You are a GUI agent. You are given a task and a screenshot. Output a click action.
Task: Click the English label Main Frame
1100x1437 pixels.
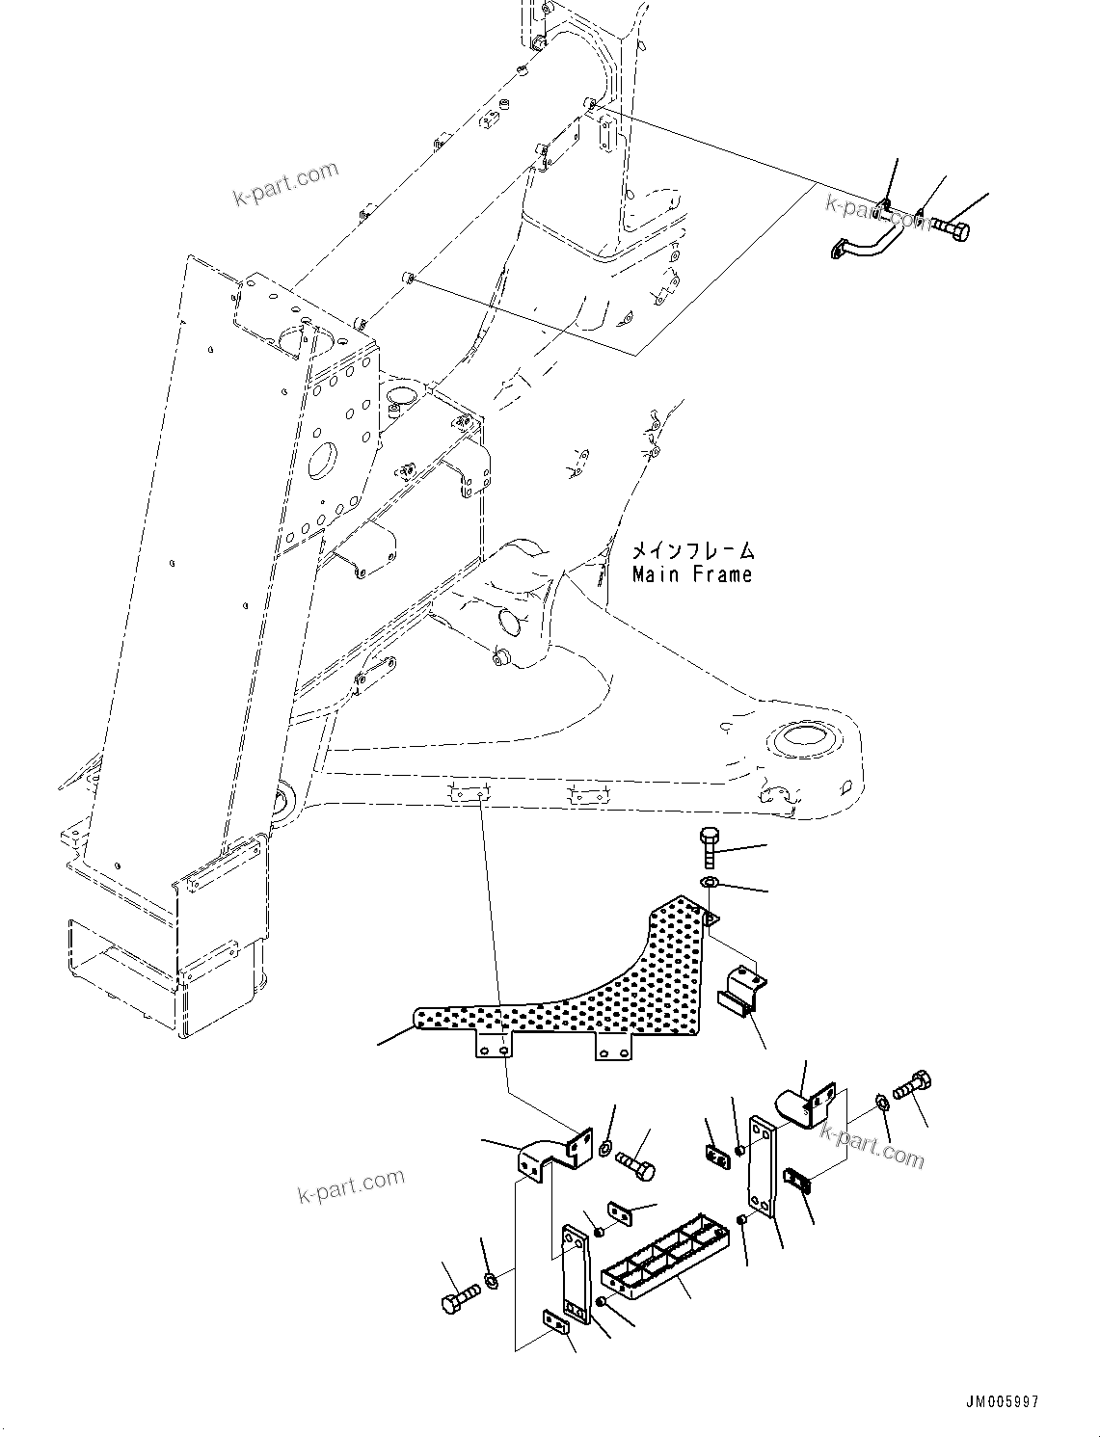(x=691, y=575)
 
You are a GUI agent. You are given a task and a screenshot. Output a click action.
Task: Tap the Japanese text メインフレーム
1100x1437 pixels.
(x=693, y=551)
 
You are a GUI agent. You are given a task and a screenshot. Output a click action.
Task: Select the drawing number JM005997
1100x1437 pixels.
(x=1000, y=1402)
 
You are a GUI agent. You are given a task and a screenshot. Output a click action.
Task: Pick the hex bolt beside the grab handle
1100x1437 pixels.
(x=949, y=228)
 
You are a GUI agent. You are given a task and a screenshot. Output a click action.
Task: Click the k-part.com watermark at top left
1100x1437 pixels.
(x=286, y=184)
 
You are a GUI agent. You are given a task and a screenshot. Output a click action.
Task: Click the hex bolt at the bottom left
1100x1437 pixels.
(x=457, y=1297)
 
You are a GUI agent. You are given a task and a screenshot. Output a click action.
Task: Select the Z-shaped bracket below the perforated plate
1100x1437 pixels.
(x=551, y=1155)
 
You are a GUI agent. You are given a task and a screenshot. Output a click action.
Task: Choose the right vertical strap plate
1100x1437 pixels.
(x=763, y=1166)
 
